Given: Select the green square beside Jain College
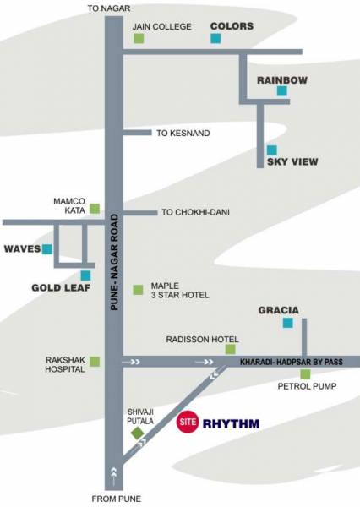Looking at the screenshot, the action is pos(139,39).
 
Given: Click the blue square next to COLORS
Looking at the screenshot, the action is pos(216,39).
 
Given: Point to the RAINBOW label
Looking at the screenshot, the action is pos(282,80).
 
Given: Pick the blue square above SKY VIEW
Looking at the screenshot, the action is pos(271,150).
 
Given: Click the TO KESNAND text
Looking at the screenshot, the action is pos(183,134).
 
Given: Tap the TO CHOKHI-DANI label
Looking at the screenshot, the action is pos(195,212).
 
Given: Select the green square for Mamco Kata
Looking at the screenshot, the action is pos(95,208).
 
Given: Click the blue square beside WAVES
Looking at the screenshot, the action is pos(47,249).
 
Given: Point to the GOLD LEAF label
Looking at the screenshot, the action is pos(60,286).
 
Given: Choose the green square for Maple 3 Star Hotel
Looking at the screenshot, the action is pos(138,290).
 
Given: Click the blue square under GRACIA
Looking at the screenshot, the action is pos(288,323).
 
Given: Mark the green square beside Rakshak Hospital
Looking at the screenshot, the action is pos(95,362).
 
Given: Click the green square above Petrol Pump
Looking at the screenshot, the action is pos(304,374).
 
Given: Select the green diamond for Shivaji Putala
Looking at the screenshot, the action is pos(138,433).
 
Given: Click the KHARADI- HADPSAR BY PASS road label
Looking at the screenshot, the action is pos(289,362).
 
